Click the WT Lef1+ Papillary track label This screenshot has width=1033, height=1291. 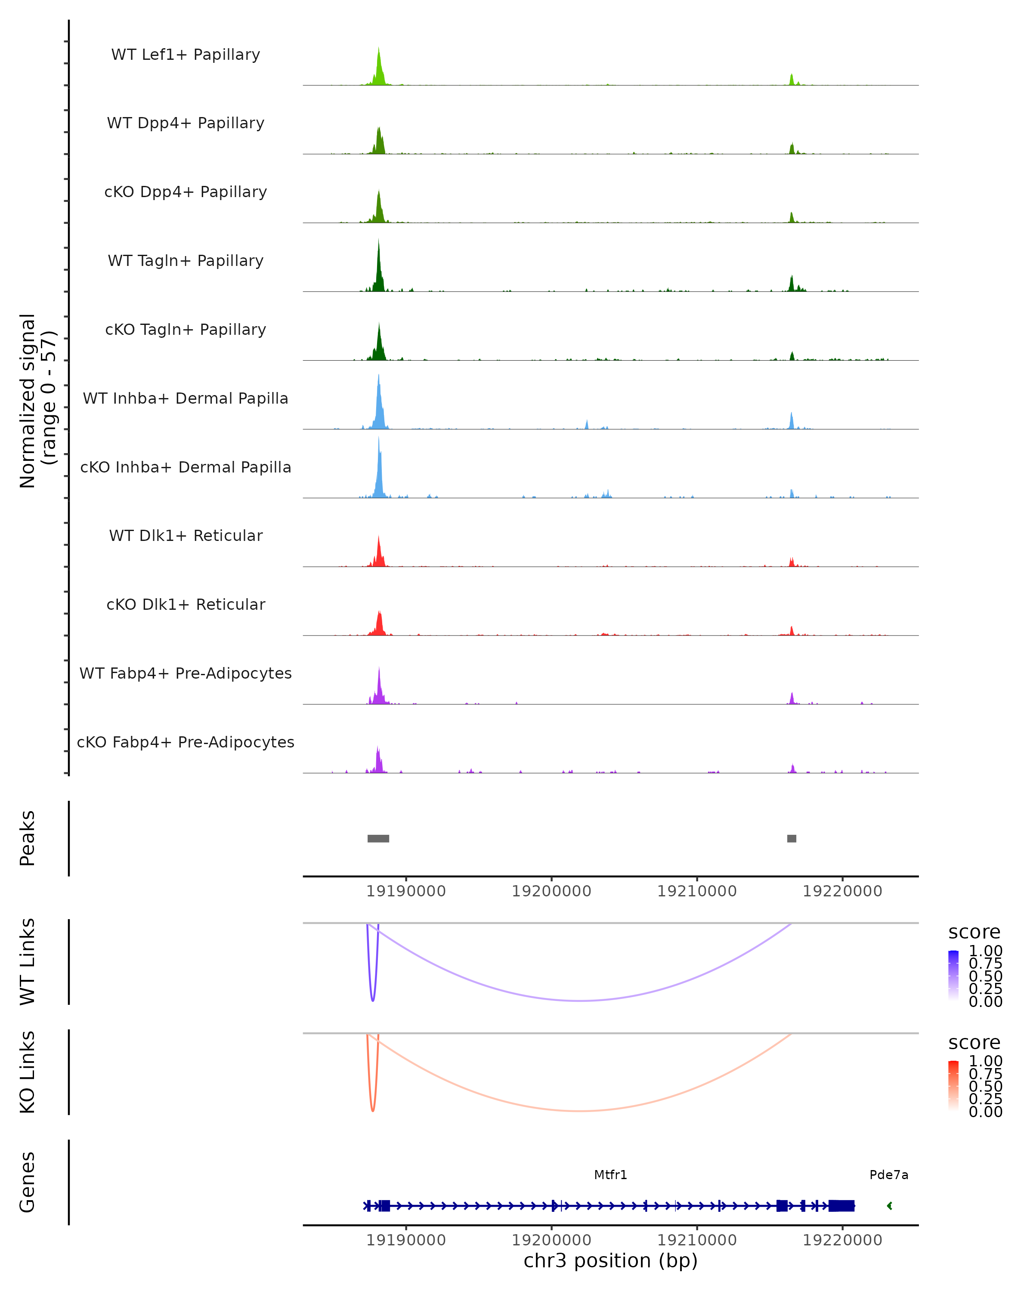186,55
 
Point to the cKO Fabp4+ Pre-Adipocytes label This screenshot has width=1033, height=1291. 186,742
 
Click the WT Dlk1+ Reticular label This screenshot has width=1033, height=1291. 186,535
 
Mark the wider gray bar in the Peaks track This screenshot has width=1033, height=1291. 378,838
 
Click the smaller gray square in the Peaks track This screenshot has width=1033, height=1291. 792,838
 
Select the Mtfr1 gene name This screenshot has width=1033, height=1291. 610,1175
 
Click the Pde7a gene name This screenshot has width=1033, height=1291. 889,1175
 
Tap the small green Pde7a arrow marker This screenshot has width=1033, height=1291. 889,1206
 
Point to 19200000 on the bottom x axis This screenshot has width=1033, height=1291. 551,1240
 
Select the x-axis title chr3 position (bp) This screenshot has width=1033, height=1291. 610,1261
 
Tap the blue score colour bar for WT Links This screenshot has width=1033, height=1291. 953,976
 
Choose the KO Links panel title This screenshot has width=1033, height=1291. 28,1072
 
